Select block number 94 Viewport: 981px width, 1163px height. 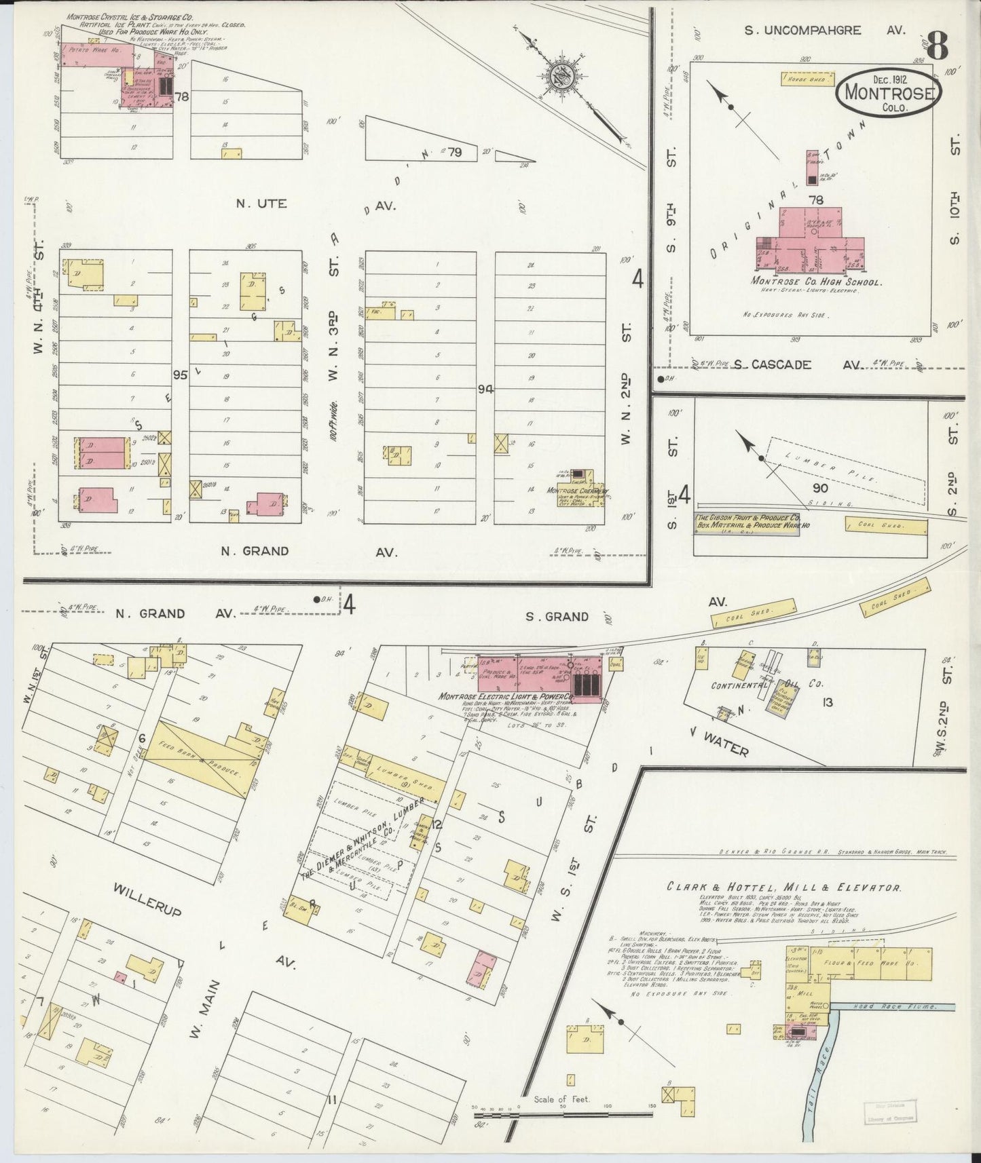pos(485,389)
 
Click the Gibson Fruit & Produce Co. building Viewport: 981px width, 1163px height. pos(745,523)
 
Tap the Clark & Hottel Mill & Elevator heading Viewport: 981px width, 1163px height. pos(783,887)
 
